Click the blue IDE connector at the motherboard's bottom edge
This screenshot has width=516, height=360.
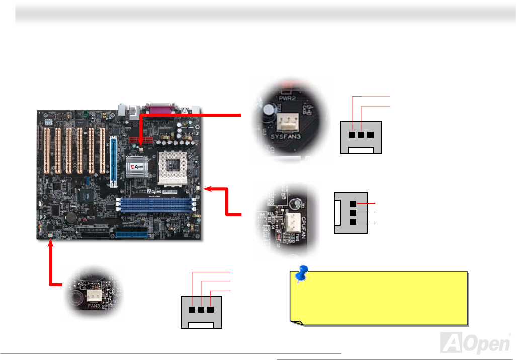pyautogui.click(x=132, y=233)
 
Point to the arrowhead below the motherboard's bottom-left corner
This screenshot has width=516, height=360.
pyautogui.click(x=50, y=244)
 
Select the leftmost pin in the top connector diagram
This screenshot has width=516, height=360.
pyautogui.click(x=353, y=135)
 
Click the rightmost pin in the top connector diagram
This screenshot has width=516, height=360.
pyautogui.click(x=370, y=135)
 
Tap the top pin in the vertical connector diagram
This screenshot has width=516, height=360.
pyautogui.click(x=353, y=203)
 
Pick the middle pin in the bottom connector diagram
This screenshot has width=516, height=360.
pyautogui.click(x=201, y=311)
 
